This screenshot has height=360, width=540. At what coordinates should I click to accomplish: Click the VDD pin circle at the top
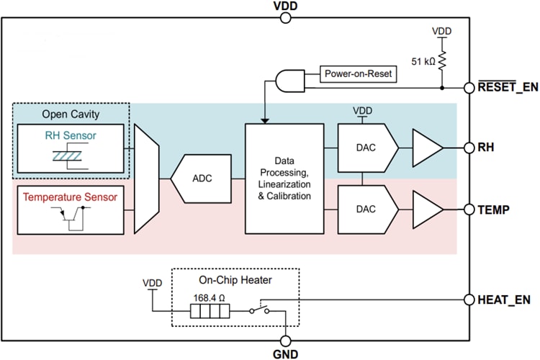tap(285, 18)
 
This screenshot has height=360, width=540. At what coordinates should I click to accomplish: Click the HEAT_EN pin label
tap(503, 297)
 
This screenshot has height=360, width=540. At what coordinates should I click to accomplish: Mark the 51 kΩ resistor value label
tap(423, 62)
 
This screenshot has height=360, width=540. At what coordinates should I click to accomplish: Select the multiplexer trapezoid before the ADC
tap(148, 179)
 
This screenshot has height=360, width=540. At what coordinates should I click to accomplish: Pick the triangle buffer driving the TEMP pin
tap(427, 210)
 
